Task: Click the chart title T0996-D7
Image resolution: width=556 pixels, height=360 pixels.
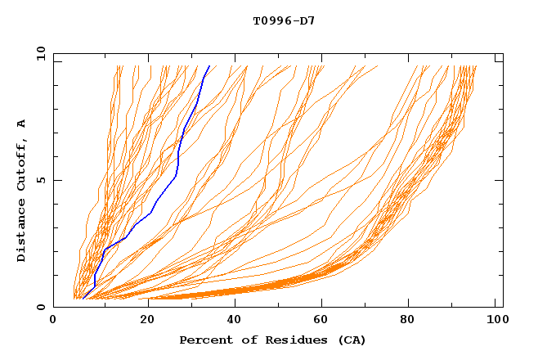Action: coord(284,20)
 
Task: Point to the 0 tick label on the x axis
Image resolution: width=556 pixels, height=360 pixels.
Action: coord(54,322)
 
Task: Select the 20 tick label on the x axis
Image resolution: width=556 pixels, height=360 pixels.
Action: coord(142,322)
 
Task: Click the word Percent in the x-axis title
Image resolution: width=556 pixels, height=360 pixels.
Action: coord(202,340)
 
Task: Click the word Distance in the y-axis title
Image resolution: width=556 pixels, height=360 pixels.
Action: coord(21,231)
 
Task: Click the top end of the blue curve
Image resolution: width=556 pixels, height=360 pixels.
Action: coord(209,66)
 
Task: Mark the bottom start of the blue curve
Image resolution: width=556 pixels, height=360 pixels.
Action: coord(83,299)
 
